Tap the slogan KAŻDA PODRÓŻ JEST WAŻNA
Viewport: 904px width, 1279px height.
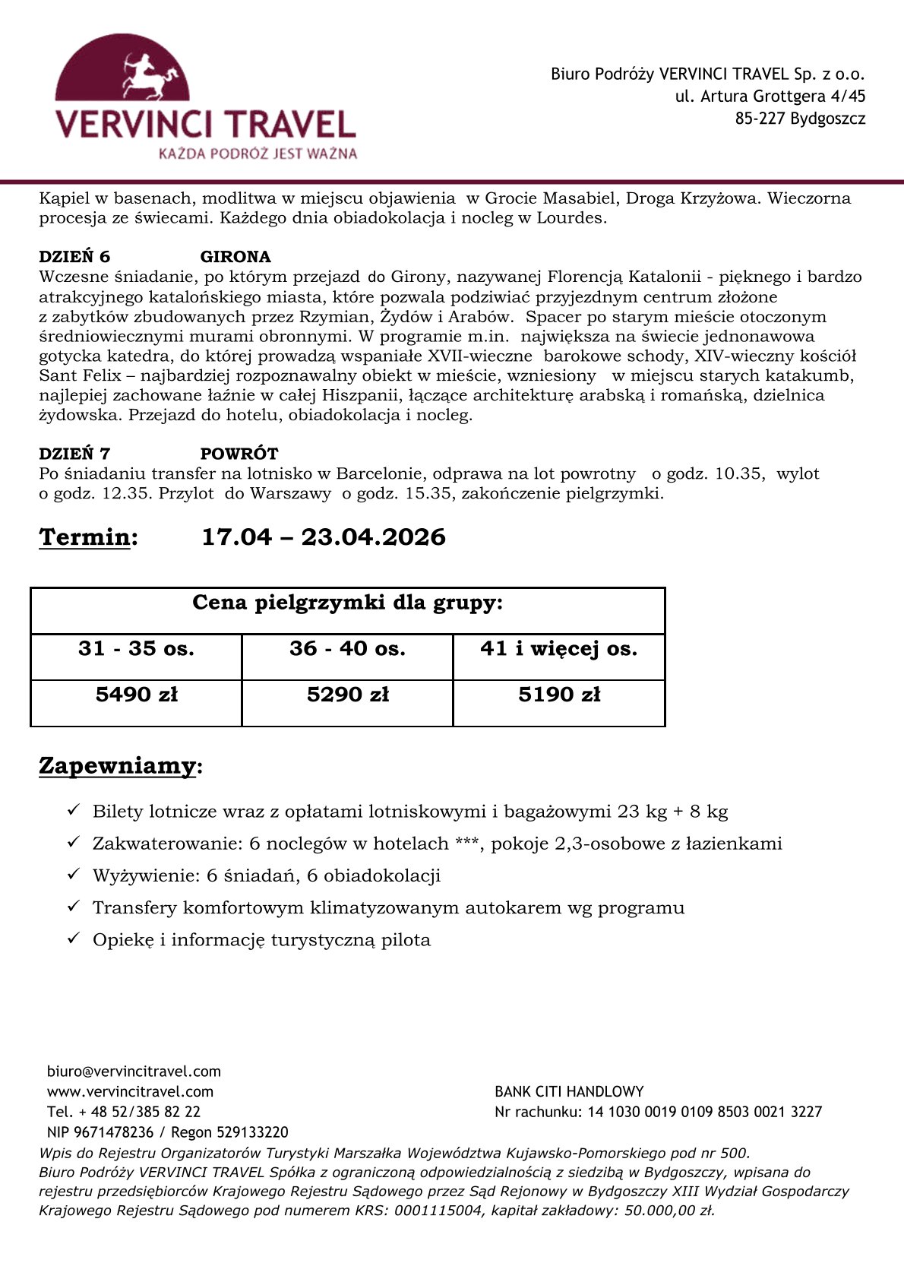pyautogui.click(x=258, y=154)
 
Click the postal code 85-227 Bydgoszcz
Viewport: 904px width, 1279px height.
pyautogui.click(x=800, y=119)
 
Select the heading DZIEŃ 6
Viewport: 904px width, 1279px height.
pyautogui.click(x=74, y=257)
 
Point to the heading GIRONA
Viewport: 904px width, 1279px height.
pyautogui.click(x=235, y=257)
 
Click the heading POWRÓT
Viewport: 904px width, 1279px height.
pyautogui.click(x=239, y=454)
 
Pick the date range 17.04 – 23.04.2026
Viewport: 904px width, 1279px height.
pyautogui.click(x=324, y=537)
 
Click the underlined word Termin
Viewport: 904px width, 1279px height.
pyautogui.click(x=85, y=537)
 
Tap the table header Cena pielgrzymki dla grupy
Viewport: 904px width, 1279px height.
pyautogui.click(x=347, y=603)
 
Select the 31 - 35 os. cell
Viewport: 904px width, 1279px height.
pyautogui.click(x=136, y=649)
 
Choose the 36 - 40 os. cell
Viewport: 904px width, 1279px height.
pyautogui.click(x=347, y=649)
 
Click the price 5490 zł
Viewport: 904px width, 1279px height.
pyautogui.click(x=136, y=695)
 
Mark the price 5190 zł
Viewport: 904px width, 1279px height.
pyautogui.click(x=559, y=695)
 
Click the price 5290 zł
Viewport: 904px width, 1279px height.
pyautogui.click(x=347, y=695)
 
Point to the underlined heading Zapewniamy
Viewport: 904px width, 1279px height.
pyautogui.click(x=118, y=765)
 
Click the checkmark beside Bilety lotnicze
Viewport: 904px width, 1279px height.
pyautogui.click(x=74, y=810)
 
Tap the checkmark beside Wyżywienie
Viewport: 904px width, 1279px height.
pyautogui.click(x=74, y=875)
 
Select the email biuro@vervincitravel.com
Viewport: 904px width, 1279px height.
pyautogui.click(x=134, y=1072)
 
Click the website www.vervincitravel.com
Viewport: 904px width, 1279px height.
pyautogui.click(x=130, y=1091)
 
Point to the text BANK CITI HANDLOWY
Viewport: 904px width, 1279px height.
pyautogui.click(x=569, y=1091)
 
